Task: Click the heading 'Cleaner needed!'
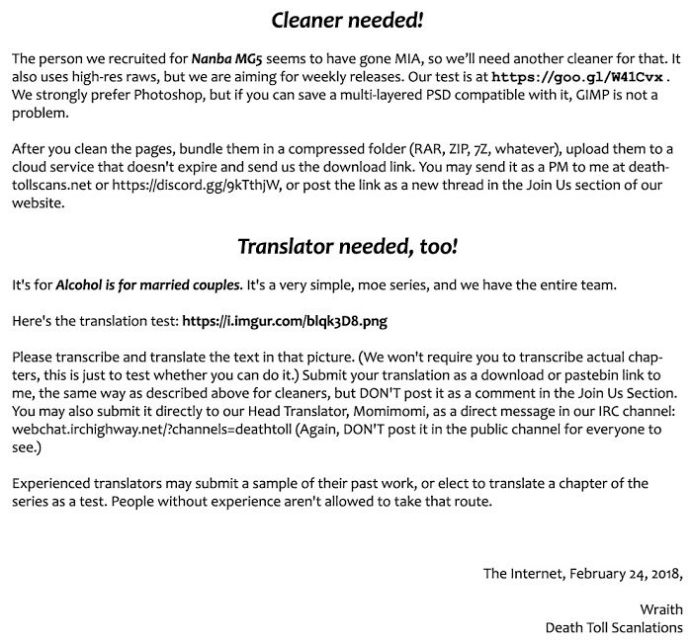(345, 20)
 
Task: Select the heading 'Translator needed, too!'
(345, 246)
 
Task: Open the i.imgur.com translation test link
(301, 322)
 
